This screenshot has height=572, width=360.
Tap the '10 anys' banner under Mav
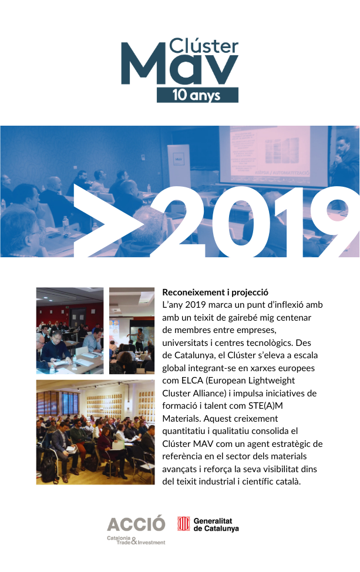[x=197, y=95]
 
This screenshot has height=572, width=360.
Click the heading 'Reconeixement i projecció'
[x=215, y=292]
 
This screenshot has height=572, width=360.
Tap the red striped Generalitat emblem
[x=184, y=523]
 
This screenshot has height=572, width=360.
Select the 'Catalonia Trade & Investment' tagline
[x=136, y=540]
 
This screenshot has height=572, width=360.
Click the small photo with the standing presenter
[x=132, y=330]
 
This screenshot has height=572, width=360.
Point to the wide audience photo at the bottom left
[x=95, y=432]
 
